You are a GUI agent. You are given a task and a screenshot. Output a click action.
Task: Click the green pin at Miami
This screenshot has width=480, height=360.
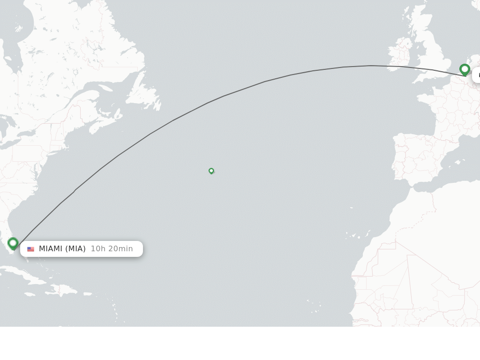pos(13,243)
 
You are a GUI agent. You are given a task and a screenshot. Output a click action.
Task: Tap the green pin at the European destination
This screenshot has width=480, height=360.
pos(465,70)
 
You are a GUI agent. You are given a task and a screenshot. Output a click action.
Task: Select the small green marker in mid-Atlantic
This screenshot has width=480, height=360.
pos(211,171)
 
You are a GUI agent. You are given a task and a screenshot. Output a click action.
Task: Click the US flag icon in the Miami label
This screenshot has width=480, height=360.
pos(31,249)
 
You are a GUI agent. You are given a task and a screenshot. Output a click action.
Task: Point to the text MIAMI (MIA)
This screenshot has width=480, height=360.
pos(62,249)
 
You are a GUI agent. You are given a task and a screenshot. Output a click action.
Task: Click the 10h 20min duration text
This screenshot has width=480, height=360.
pos(112,249)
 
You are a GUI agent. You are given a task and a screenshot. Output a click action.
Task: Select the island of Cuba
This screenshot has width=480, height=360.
pos(28,277)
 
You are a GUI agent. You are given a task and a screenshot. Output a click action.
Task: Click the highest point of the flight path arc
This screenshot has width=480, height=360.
pos(371,66)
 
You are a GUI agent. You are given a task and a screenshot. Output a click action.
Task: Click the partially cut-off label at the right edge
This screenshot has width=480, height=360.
pos(476,75)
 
